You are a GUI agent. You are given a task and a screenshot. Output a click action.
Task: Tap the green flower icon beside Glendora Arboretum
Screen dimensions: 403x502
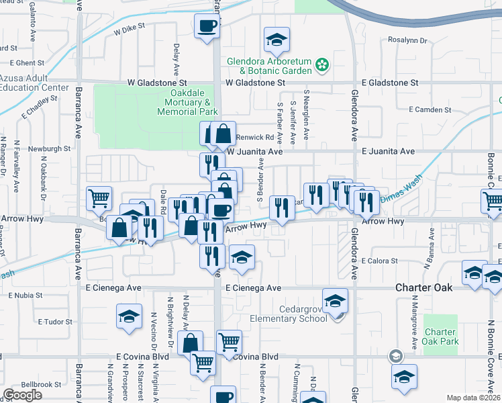(x=323, y=64)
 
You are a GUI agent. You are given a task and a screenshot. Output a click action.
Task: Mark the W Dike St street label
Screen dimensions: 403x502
(x=130, y=30)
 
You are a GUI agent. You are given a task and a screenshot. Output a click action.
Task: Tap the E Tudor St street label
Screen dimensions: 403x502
(x=54, y=322)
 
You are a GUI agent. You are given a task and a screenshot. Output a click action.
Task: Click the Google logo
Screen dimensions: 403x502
(x=22, y=395)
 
